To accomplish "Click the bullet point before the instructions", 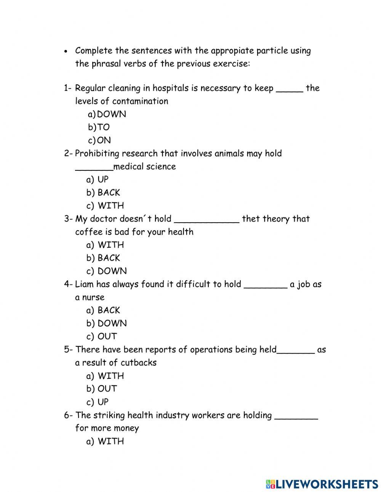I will point(66,51).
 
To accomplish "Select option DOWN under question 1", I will point(111,114).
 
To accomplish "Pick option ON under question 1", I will point(104,140).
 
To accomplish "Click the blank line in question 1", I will point(290,91).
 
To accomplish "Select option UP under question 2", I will point(103,179).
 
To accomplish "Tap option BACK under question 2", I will point(109,192).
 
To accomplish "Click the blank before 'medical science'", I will point(94,169).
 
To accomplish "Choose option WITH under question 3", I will point(110,245).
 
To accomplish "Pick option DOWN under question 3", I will point(112,271).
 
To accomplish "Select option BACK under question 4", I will point(109,310).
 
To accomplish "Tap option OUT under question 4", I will point(107,337).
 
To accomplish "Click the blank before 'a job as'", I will point(265,287).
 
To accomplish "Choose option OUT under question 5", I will point(107,389).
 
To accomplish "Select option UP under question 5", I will point(103,402).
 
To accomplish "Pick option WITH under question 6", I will point(110,441).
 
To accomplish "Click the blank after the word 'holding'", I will point(296,418).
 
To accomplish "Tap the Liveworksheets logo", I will point(322,484).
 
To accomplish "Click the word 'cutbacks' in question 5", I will point(139,362).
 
